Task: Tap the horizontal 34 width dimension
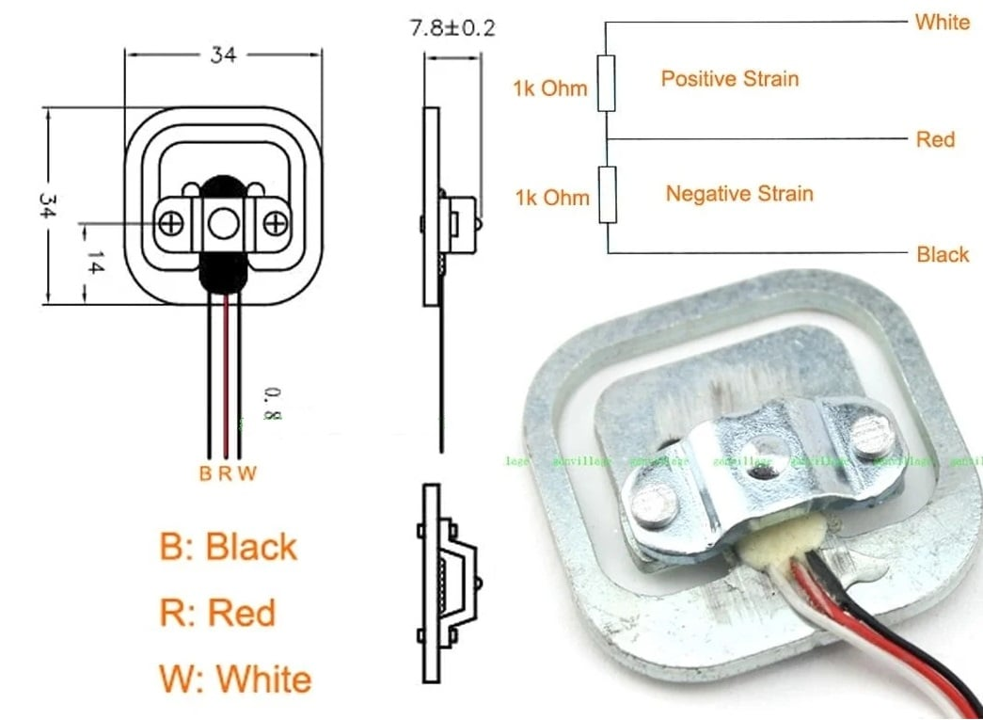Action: click(x=223, y=56)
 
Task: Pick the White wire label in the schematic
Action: click(x=942, y=22)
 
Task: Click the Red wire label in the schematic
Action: click(x=935, y=139)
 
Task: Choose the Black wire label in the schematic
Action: click(x=942, y=254)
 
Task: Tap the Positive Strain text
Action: click(x=729, y=78)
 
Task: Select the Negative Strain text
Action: click(x=738, y=194)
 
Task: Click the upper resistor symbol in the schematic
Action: click(x=607, y=83)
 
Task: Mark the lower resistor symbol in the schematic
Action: click(x=607, y=196)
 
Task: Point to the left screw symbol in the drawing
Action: click(x=171, y=223)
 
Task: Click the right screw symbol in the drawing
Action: click(x=275, y=223)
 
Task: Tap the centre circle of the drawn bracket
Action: click(x=223, y=223)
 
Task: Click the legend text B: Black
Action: click(x=229, y=547)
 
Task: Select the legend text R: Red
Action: click(x=217, y=613)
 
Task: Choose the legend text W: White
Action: click(x=235, y=679)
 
